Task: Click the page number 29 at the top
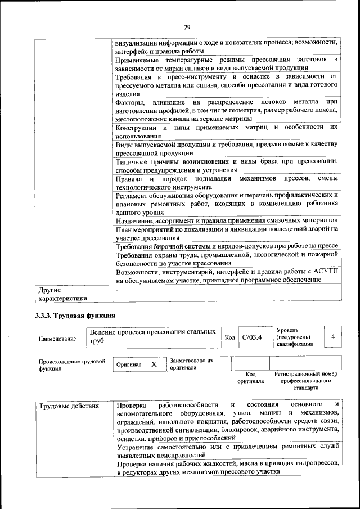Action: [x=187, y=27]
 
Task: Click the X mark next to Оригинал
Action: [x=153, y=364]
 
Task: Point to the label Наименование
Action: [x=57, y=339]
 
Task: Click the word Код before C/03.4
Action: [x=229, y=337]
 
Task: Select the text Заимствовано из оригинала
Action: [x=191, y=364]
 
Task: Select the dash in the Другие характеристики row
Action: [x=117, y=290]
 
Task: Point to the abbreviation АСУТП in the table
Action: [x=325, y=271]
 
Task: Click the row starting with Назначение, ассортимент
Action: [x=226, y=221]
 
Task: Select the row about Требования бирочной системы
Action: [x=226, y=247]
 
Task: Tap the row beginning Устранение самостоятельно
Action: [x=227, y=450]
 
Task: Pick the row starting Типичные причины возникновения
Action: [x=226, y=165]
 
